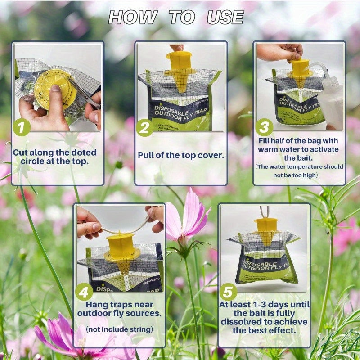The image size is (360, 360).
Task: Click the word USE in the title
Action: click(225, 17)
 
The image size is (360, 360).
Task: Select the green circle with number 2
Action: click(145, 128)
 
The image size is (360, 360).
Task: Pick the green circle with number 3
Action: click(264, 127)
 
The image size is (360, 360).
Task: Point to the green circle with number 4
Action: click(85, 292)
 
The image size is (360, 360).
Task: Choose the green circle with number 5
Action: click(228, 292)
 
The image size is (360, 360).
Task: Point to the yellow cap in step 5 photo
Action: click(265, 230)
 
